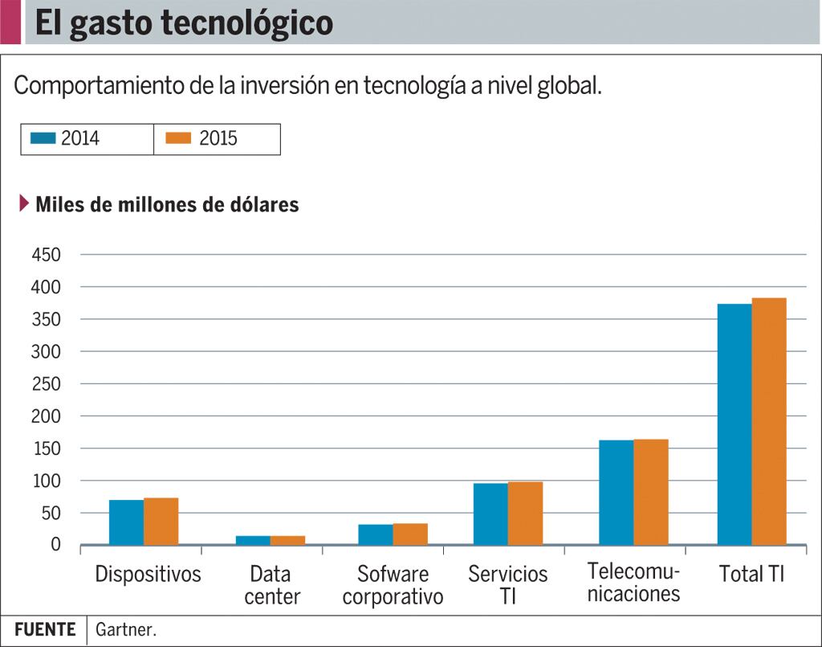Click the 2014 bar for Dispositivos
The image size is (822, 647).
pos(126,522)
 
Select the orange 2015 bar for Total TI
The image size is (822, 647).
pos(769,422)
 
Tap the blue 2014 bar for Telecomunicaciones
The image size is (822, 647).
pos(616,493)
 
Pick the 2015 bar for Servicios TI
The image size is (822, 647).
pos(525,514)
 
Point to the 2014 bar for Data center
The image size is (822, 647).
pos(253,540)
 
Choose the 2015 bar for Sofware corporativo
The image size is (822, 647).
pos(410,534)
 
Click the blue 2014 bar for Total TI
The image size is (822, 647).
pos(735,424)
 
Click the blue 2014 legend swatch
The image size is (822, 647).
pos(43,138)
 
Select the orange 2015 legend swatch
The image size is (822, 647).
pos(178,138)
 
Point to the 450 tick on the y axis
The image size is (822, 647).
pos(47,255)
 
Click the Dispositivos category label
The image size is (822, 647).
pos(148,574)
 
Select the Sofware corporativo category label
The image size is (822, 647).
pos(393,586)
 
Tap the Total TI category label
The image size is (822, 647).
pos(751,574)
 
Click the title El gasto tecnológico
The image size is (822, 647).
pos(184,23)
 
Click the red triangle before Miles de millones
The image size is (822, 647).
pos(24,203)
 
